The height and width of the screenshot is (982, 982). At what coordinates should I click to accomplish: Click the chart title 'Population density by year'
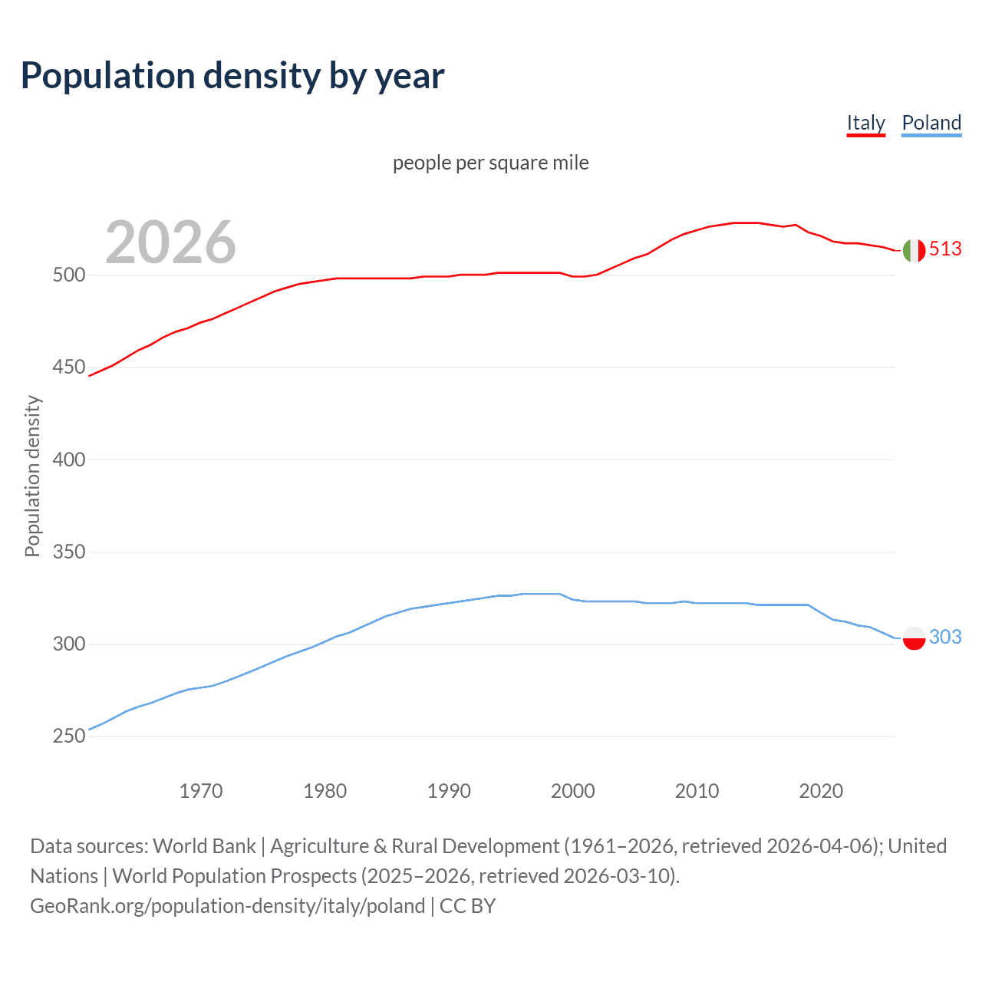tap(232, 76)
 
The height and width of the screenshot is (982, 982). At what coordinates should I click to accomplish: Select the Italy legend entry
tap(865, 123)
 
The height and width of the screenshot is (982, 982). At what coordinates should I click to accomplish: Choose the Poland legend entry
tap(931, 123)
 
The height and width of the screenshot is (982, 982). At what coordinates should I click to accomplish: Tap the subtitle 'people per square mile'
tap(490, 163)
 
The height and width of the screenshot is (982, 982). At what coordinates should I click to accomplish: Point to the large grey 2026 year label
tap(170, 242)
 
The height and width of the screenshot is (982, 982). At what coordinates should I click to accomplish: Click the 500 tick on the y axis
tap(69, 275)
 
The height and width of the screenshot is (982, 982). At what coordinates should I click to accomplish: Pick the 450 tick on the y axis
tap(69, 367)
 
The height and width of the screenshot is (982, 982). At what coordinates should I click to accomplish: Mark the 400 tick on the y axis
tap(69, 460)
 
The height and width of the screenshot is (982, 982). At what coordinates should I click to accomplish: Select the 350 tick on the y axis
tap(69, 552)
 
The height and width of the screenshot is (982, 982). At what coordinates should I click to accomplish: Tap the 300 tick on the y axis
tap(69, 644)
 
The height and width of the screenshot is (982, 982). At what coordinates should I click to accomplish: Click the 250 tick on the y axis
tap(69, 736)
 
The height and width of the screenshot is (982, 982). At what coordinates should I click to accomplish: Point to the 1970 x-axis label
tap(201, 791)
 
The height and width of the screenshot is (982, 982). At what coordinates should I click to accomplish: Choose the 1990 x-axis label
tap(449, 791)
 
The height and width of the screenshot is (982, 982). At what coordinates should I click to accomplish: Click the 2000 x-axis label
tap(573, 791)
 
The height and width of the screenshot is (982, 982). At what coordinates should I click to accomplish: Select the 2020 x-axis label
tap(821, 791)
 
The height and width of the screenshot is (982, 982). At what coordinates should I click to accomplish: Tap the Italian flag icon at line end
tap(914, 250)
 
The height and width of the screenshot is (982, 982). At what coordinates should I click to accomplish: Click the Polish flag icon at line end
tap(914, 638)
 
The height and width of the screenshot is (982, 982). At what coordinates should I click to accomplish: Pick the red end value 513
tap(945, 249)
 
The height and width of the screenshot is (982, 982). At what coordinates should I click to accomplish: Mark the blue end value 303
tap(945, 637)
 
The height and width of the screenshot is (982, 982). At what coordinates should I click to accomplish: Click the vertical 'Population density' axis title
tap(32, 476)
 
